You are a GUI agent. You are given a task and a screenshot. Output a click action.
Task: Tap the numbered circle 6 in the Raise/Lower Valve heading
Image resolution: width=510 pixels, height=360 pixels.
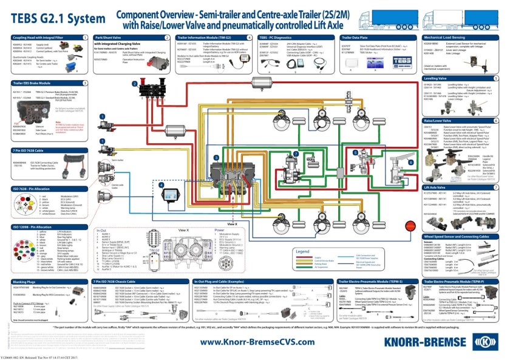[x=496, y=121]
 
